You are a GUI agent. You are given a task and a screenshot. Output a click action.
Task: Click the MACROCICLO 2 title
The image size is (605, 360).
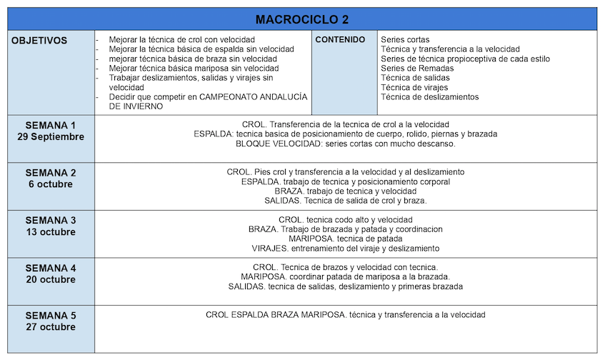[302, 19]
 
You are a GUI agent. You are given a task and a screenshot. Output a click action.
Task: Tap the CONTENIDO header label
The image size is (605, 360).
[340, 40]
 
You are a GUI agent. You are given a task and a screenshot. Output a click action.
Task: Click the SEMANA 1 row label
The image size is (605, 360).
[50, 125]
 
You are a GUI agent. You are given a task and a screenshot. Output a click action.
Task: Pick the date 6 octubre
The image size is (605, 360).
[50, 184]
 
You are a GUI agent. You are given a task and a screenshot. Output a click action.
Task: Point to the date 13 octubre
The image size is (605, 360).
[50, 232]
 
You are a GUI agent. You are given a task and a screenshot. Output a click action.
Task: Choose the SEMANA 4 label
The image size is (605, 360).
[50, 268]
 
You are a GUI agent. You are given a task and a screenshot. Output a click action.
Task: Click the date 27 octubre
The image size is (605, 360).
[50, 327]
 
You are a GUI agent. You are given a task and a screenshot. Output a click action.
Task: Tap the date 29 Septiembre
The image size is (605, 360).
[50, 136]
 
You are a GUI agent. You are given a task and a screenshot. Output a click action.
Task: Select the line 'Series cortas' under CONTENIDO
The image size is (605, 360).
[405, 39]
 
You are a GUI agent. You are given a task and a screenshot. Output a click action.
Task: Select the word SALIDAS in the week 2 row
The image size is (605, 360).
[282, 201]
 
